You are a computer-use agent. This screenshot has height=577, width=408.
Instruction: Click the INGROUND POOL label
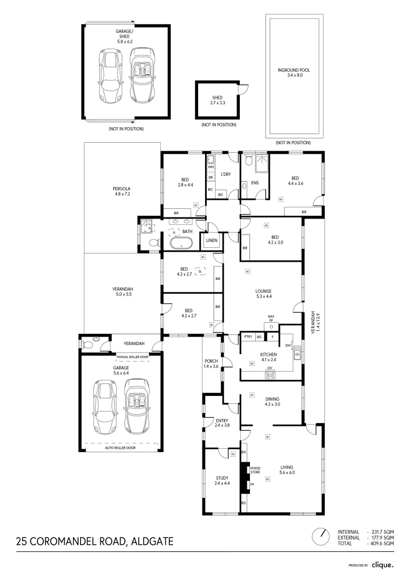coord(294,73)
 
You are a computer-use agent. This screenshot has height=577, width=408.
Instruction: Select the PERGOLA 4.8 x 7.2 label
coord(121,191)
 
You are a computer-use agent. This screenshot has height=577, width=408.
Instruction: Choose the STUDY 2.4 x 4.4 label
coord(222,480)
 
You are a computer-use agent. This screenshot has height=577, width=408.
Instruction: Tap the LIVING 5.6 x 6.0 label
coord(287,470)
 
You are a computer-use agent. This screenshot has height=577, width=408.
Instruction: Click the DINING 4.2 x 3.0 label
coord(272,401)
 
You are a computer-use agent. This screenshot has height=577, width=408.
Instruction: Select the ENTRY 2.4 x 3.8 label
coord(222,423)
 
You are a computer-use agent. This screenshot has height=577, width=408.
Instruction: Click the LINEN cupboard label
coord(211,241)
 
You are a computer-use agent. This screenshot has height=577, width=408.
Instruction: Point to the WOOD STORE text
coord(255,471)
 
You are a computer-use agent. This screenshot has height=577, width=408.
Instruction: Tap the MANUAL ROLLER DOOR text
coord(132,356)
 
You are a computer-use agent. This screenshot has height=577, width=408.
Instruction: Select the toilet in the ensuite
coord(248,161)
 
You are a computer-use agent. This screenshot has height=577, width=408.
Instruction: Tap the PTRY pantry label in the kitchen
coord(248,337)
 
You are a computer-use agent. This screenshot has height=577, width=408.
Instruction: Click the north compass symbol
coord(322,535)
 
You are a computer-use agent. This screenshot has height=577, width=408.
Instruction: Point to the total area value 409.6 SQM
coord(383,543)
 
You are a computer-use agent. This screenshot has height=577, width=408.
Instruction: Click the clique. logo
coord(382,564)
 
